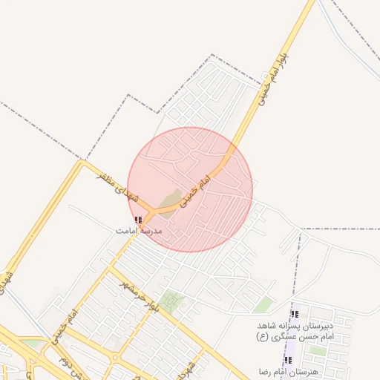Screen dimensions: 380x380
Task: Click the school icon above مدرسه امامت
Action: (138, 220)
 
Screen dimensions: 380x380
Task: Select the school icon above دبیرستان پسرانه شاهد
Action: (295, 314)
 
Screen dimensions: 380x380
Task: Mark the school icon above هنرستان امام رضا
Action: (288, 360)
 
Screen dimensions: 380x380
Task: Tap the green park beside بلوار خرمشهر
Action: (172, 301)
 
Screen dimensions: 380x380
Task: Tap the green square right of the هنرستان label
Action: (317, 350)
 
